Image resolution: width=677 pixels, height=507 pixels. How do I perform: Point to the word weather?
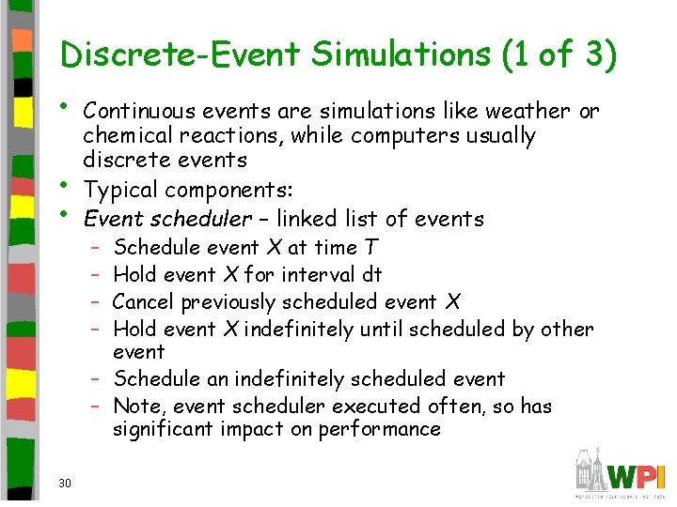point(527,111)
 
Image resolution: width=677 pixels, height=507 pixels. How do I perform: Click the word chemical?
point(125,136)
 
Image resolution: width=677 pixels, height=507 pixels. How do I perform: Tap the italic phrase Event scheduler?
point(167,219)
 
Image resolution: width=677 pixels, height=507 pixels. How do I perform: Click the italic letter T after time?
point(371,248)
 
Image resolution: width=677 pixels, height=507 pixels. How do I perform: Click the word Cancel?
point(143,302)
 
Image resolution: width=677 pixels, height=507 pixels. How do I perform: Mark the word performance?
point(380,430)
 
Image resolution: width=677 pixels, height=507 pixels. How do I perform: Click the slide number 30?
point(65,484)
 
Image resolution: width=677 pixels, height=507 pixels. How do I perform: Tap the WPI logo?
point(621,472)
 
